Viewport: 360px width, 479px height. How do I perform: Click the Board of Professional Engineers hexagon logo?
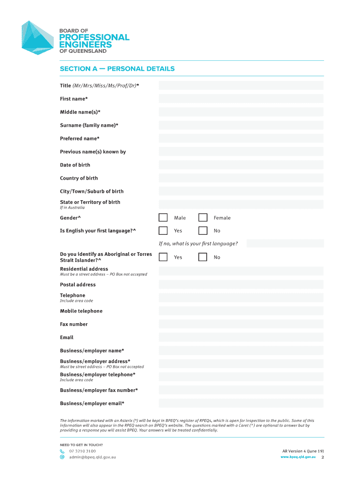pyautogui.click(x=39, y=37)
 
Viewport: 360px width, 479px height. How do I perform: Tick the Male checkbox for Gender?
pyautogui.click(x=163, y=218)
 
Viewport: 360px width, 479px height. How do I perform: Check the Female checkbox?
pyautogui.click(x=203, y=218)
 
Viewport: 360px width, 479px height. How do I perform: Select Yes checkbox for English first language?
pyautogui.click(x=163, y=231)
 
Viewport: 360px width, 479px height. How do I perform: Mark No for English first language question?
pyautogui.click(x=203, y=231)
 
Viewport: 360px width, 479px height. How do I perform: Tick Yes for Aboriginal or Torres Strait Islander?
pyautogui.click(x=163, y=257)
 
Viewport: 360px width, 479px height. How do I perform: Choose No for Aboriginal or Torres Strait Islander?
pyautogui.click(x=203, y=257)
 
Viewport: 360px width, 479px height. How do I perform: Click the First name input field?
pyautogui.click(x=241, y=99)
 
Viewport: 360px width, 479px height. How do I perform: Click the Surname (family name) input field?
pyautogui.click(x=241, y=125)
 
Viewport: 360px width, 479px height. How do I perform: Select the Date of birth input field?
pyautogui.click(x=241, y=165)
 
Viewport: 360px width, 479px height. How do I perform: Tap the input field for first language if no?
pyautogui.click(x=285, y=243)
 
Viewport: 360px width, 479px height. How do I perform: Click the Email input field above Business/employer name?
pyautogui.click(x=241, y=337)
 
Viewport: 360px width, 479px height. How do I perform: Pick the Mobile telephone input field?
pyautogui.click(x=241, y=311)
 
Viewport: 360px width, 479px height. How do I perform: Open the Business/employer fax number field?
pyautogui.click(x=241, y=390)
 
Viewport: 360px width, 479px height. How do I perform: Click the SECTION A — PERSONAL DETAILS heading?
pyautogui.click(x=117, y=69)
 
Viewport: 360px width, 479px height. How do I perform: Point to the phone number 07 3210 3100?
pyautogui.click(x=82, y=451)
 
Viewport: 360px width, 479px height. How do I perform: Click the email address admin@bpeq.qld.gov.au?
pyautogui.click(x=92, y=457)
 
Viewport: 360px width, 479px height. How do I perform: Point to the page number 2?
pyautogui.click(x=323, y=457)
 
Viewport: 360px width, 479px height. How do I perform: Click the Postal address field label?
pyautogui.click(x=78, y=284)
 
